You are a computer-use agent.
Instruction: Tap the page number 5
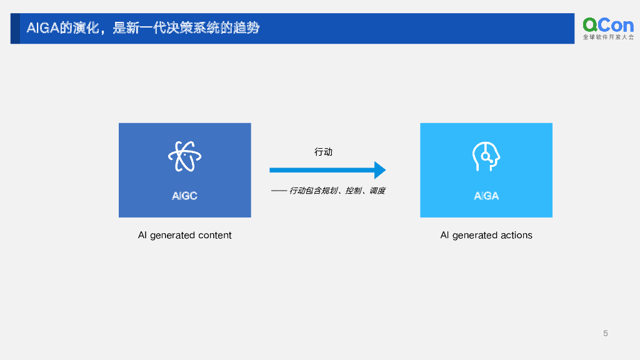point(606,333)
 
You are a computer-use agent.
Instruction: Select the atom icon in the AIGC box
point(184,156)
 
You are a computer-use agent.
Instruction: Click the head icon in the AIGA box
point(486,156)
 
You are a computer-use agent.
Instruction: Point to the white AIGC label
point(184,196)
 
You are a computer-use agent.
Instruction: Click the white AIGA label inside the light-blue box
point(486,196)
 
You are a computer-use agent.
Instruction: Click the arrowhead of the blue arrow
point(379,170)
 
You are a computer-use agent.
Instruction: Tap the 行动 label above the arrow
point(323,152)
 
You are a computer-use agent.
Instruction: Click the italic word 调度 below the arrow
point(377,191)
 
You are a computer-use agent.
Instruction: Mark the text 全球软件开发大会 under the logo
point(608,37)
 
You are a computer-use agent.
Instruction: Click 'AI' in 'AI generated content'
point(142,236)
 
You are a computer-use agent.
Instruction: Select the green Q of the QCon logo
point(591,24)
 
